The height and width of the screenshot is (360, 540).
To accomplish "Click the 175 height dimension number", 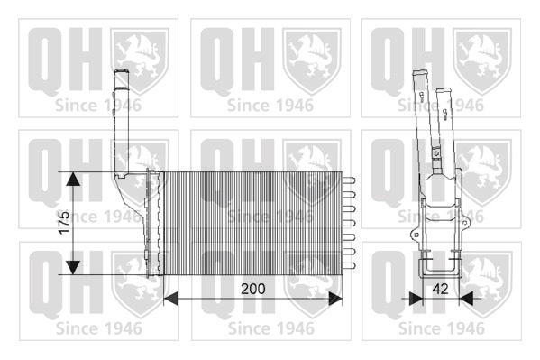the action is coord(64,223).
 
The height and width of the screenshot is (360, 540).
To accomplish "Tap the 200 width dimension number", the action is coord(253,289).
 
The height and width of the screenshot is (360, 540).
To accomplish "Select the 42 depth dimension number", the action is coord(441,289).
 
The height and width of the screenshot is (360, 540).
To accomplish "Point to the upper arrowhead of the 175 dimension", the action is coord(73,179).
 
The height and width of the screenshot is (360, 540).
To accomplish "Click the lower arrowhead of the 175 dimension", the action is coord(73,268).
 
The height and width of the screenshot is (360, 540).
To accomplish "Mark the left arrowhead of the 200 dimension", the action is coord(170,299).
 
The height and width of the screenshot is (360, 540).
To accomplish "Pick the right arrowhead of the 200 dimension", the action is coord(335,299).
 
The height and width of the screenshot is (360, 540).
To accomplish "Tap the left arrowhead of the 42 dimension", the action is coord(416,299).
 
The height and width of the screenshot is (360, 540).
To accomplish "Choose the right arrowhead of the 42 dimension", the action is coord(466,299).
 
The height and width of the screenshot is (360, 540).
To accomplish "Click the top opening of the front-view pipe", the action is coord(121,71).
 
